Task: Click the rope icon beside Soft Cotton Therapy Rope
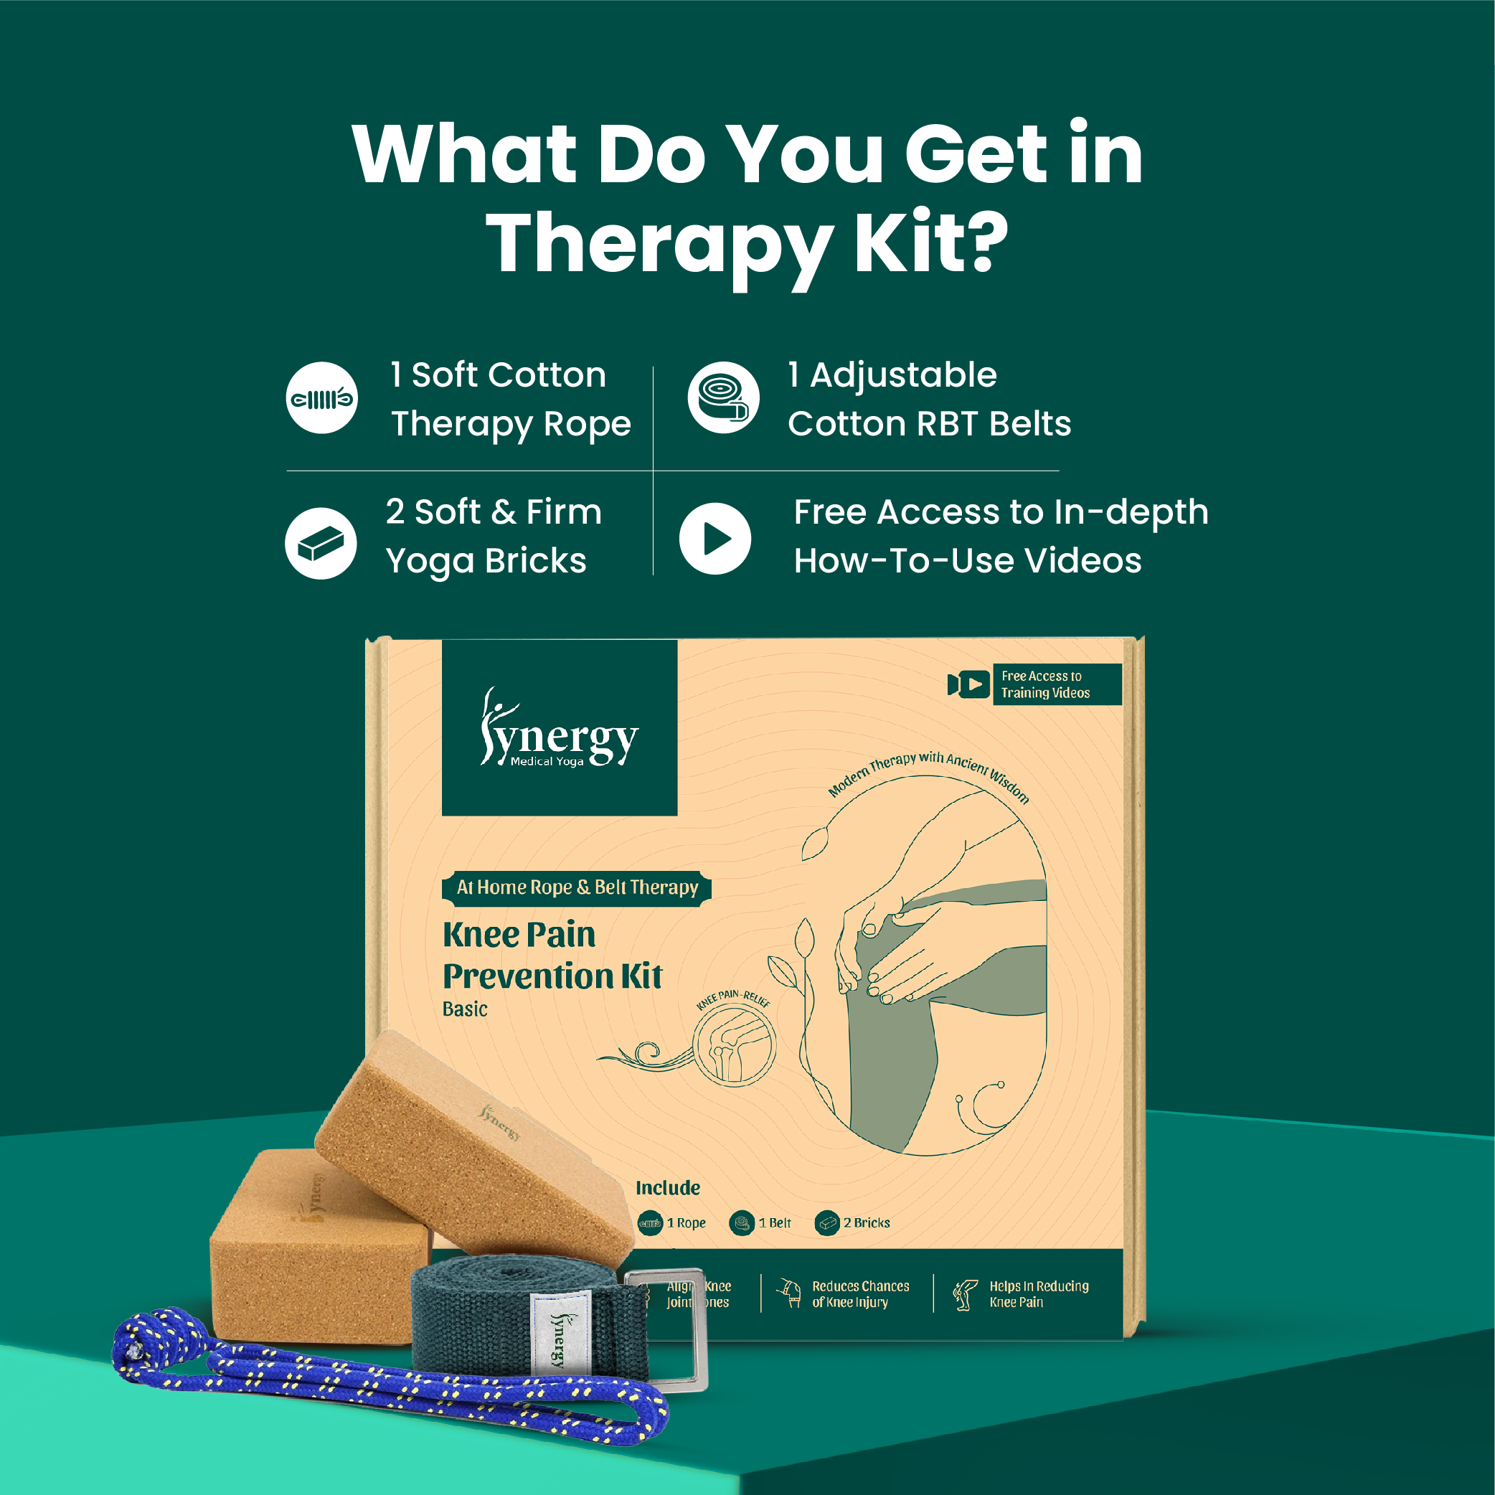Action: pyautogui.click(x=321, y=397)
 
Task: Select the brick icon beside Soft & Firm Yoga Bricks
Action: pyautogui.click(x=321, y=543)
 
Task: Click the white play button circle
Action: pyautogui.click(x=715, y=539)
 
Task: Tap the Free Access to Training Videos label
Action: pyautogui.click(x=1055, y=684)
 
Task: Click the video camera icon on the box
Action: pyautogui.click(x=968, y=684)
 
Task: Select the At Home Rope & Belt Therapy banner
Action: pyautogui.click(x=577, y=887)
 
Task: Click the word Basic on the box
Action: pyautogui.click(x=465, y=1009)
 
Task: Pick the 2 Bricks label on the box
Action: pyautogui.click(x=866, y=1222)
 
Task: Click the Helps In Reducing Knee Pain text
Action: pyautogui.click(x=1038, y=1294)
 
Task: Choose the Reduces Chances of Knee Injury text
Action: pyautogui.click(x=859, y=1294)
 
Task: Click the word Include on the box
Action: pyautogui.click(x=667, y=1188)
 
